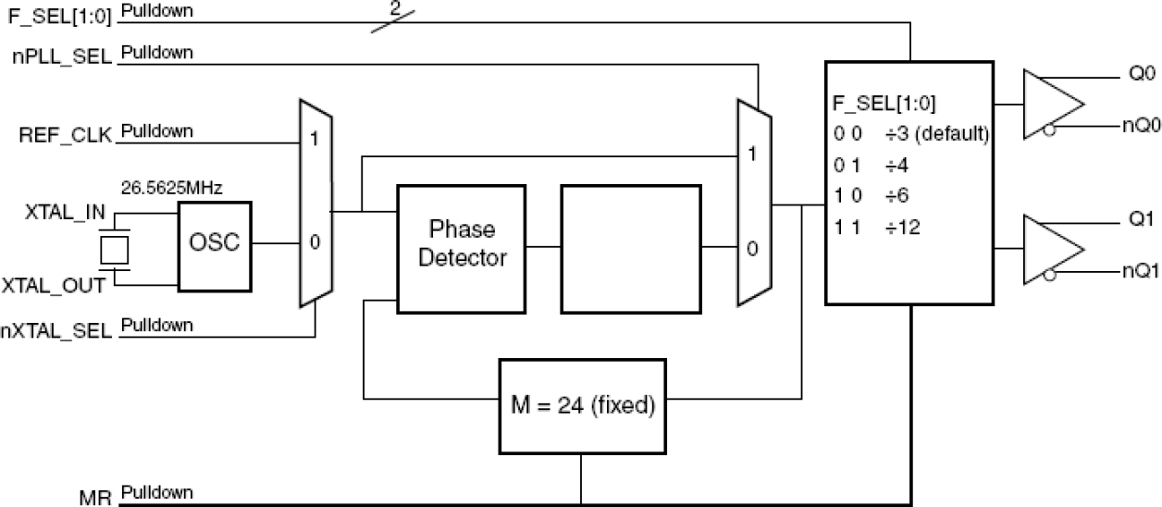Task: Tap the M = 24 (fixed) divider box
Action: (x=580, y=405)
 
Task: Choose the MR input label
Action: (x=96, y=498)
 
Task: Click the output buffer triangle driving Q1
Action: (x=1050, y=250)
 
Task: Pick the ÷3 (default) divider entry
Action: (x=935, y=133)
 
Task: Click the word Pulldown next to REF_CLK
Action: (x=157, y=131)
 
